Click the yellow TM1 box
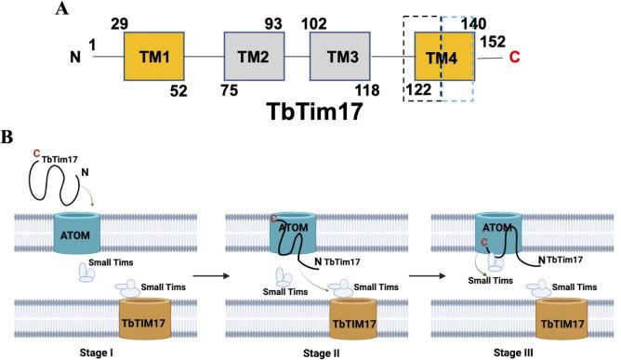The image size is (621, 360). point(154,59)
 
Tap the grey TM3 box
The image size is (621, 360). point(339,59)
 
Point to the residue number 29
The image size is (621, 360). point(117,20)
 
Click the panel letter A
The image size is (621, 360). point(60,9)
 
